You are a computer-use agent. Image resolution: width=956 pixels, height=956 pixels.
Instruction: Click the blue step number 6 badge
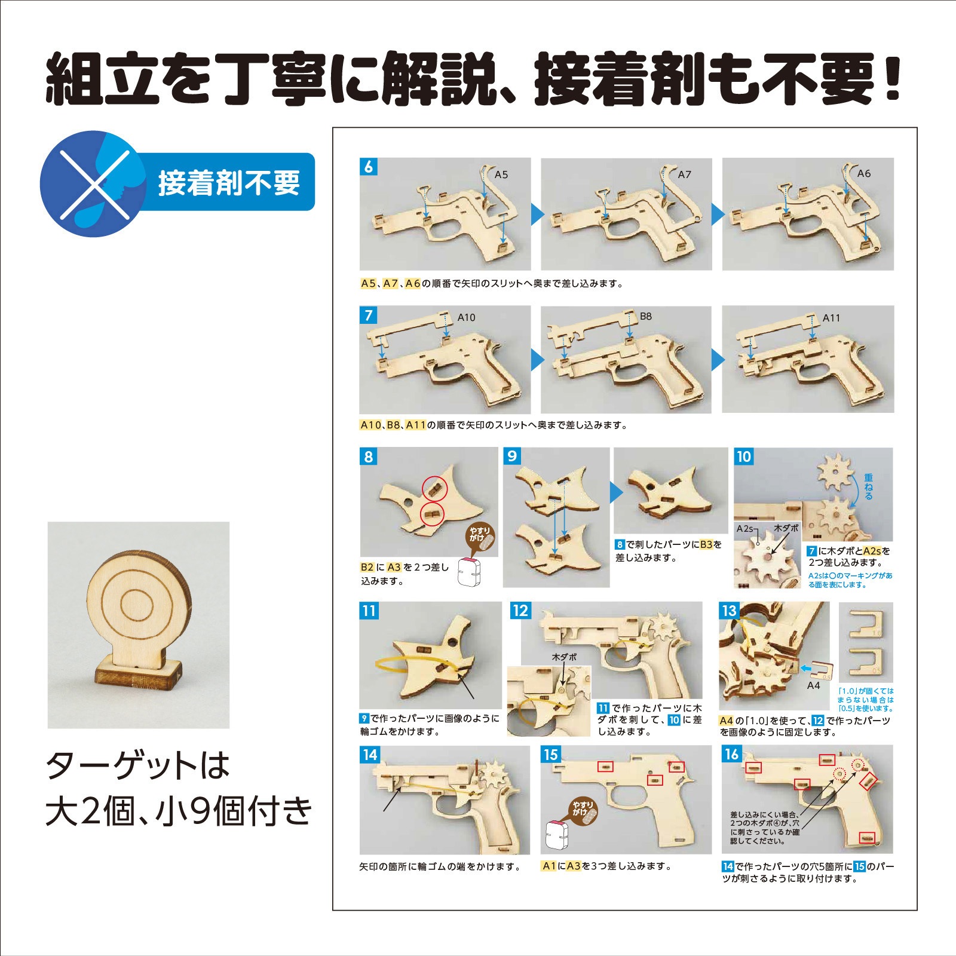coord(369,167)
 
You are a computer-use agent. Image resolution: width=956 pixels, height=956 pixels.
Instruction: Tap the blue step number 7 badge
coord(369,315)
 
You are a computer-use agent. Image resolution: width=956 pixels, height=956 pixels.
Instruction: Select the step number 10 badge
coord(743,457)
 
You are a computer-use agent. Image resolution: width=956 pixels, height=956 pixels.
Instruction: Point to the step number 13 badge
coord(729,611)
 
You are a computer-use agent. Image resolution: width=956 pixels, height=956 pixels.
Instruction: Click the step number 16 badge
coord(731,754)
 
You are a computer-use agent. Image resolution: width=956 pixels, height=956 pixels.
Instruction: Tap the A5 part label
coord(501,175)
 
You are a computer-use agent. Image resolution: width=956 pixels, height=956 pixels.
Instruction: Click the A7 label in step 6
coord(684,175)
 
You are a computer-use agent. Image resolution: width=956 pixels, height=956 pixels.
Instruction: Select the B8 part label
coord(645,317)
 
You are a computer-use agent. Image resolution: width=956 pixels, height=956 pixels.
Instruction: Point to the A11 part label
coord(831,318)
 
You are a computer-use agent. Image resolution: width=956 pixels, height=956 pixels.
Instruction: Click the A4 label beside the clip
coord(813,685)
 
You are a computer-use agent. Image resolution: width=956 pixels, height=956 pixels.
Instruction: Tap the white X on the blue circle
coord(94,183)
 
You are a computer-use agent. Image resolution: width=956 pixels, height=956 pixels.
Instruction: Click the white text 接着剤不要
coord(229,183)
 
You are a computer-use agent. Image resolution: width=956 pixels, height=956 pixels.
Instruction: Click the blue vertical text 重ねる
coord(868,486)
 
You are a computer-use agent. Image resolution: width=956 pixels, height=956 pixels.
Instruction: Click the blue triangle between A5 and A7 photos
coord(536,214)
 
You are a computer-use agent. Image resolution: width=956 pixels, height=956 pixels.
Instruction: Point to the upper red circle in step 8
coord(435,489)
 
